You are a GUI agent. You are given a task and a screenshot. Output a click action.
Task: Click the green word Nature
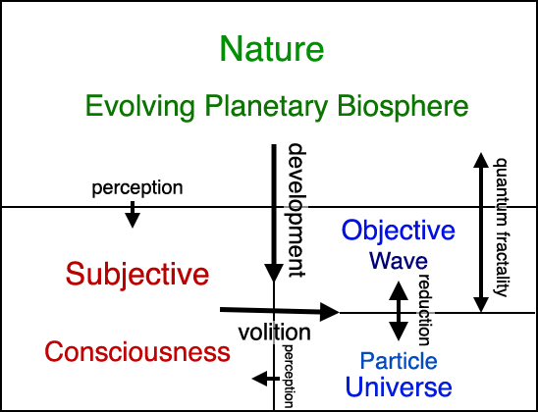(x=271, y=48)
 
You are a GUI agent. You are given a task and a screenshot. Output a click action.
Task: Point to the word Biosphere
(x=403, y=106)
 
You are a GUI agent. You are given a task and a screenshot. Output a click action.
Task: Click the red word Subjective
(x=137, y=276)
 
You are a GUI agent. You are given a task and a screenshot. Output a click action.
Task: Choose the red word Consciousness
(x=137, y=352)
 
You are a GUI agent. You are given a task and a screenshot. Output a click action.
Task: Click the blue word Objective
(x=398, y=232)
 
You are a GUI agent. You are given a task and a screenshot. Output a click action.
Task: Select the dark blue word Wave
(x=399, y=261)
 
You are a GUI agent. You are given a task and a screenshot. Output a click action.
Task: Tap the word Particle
(x=399, y=361)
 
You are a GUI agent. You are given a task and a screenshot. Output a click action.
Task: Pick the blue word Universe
(x=399, y=386)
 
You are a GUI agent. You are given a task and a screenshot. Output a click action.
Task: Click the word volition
(x=274, y=333)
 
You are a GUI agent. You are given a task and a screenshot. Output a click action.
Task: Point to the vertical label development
(x=296, y=211)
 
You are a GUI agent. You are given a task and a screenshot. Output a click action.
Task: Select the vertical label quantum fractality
(x=500, y=227)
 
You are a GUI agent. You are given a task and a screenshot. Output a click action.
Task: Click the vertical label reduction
(x=424, y=310)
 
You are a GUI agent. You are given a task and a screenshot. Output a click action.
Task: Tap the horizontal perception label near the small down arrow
(x=137, y=189)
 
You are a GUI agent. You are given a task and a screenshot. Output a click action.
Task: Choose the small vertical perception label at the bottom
(x=288, y=376)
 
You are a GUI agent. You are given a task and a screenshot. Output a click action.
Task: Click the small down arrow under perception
(x=133, y=214)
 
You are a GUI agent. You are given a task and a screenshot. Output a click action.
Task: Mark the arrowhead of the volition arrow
(x=330, y=312)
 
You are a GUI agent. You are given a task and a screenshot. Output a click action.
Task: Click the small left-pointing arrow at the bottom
(x=266, y=379)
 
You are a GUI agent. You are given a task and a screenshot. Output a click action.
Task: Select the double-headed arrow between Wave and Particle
(x=399, y=311)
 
